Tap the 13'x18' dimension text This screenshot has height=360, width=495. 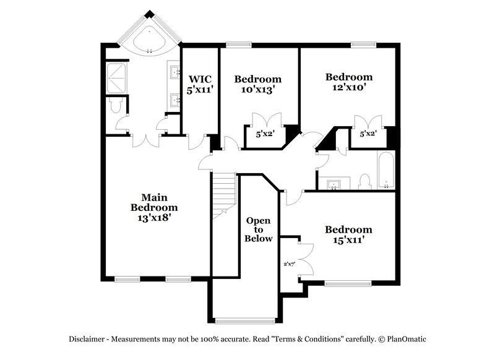(x=154, y=217)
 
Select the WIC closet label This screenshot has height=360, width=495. (x=200, y=79)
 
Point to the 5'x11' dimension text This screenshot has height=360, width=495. (x=200, y=89)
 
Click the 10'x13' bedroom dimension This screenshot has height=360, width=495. (x=257, y=89)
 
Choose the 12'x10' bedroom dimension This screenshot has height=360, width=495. (x=349, y=88)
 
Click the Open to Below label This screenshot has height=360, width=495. (x=258, y=229)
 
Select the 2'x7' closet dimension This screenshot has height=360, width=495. (x=289, y=264)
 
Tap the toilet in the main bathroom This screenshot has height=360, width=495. (x=114, y=106)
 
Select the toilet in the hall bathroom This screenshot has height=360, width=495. (x=364, y=180)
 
